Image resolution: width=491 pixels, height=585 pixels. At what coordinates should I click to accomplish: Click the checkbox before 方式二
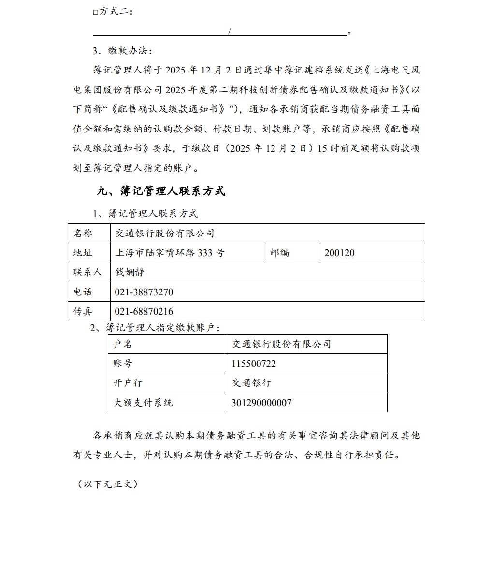coord(95,12)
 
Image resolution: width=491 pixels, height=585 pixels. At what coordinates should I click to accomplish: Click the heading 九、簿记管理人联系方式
coord(160,191)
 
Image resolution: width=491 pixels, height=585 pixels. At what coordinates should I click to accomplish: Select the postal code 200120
coord(339,253)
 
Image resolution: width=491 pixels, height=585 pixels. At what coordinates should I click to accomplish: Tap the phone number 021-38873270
coord(144,292)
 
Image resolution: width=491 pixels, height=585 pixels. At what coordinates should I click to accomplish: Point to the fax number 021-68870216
coord(144,311)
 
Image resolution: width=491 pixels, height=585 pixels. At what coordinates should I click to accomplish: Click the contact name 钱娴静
coord(130,272)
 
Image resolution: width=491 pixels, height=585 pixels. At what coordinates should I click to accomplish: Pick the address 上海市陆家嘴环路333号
coord(170,253)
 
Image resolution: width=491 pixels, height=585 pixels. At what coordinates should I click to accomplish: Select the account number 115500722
coord(254,364)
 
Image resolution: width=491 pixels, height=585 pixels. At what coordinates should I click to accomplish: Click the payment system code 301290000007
coord(261,403)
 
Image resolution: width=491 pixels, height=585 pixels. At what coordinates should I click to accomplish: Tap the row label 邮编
coord(280,253)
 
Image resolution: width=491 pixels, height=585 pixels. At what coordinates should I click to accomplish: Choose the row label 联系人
coord(87,272)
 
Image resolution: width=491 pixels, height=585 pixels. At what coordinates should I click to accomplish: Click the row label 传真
coord(83,311)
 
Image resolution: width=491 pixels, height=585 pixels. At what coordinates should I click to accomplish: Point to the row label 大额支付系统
coord(143,403)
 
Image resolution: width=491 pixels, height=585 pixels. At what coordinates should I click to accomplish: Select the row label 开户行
coord(128,383)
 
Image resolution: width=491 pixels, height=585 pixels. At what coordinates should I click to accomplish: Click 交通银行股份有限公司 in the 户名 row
coord(282,344)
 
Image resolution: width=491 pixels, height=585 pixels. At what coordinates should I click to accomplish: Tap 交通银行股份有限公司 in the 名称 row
coord(164,234)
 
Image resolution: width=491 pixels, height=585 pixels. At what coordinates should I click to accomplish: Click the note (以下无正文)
coord(108,484)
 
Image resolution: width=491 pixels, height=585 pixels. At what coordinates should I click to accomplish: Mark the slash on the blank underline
coord(230,31)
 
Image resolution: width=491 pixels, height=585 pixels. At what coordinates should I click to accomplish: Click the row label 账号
coord(123,364)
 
